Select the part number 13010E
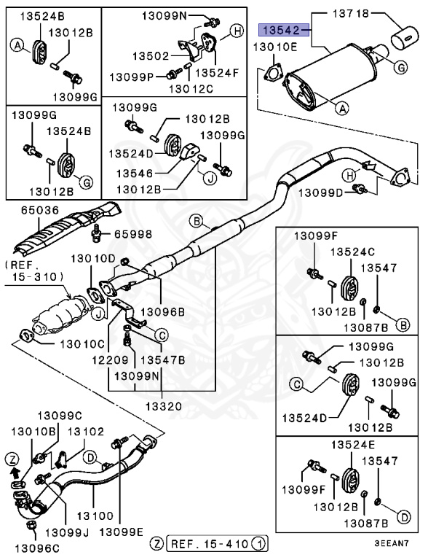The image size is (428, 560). point(275,47)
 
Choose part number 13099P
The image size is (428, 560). point(131,76)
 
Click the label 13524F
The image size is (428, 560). point(216,73)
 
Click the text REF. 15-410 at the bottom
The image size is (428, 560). point(210,543)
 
